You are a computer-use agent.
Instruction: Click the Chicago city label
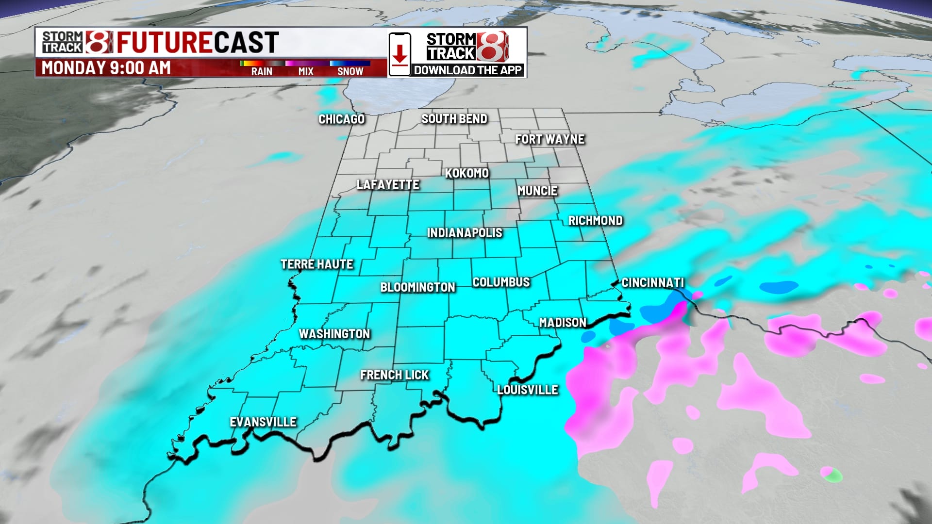pos(341,119)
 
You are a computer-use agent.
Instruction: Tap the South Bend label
pos(454,119)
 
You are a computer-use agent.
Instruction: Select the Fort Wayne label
pos(549,140)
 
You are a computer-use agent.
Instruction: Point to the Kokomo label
pos(466,173)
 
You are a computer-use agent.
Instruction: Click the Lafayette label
pos(387,185)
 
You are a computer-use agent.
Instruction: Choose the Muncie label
pos(537,191)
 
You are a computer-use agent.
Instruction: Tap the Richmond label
pos(595,221)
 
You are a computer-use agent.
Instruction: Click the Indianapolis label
pos(465,233)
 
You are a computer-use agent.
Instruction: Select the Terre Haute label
pos(316,264)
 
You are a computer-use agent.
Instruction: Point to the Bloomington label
pos(417,287)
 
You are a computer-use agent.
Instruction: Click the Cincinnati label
pos(652,283)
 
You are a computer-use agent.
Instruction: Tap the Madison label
pos(563,323)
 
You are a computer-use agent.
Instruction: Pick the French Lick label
pos(394,375)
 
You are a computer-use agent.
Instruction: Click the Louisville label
pos(528,390)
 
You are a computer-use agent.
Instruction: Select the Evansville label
pos(263,422)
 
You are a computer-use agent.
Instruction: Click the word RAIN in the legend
pos(262,71)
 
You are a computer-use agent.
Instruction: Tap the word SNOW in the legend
pos(350,71)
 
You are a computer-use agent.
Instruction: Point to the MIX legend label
pos(306,71)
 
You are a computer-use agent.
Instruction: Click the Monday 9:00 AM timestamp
pos(106,68)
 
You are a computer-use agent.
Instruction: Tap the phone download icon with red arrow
pos(399,54)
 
